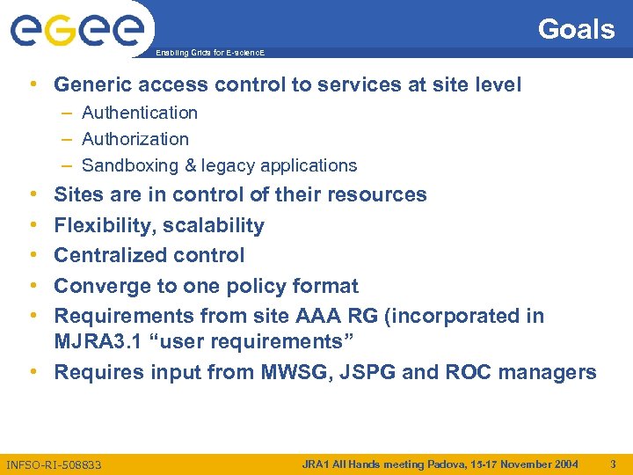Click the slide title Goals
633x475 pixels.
coord(576,29)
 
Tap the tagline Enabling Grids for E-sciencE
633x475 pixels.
coord(209,54)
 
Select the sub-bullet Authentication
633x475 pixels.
coord(139,113)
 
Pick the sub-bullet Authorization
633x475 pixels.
coord(135,139)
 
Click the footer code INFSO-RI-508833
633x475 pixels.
coord(53,464)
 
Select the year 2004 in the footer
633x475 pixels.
coord(564,464)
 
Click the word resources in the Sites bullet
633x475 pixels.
coord(377,194)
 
